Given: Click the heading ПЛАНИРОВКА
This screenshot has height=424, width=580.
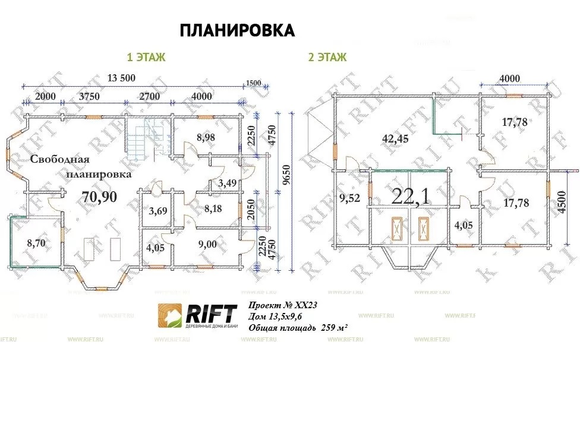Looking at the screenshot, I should [x=237, y=31].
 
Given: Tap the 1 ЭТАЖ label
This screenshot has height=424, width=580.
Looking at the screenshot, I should [x=146, y=58].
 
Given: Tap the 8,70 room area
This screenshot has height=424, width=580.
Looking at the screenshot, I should [x=37, y=242].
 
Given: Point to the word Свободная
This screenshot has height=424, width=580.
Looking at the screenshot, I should [x=60, y=159].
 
